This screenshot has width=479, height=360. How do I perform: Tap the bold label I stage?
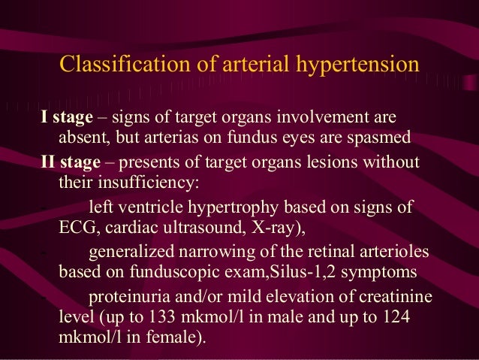(x=66, y=118)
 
